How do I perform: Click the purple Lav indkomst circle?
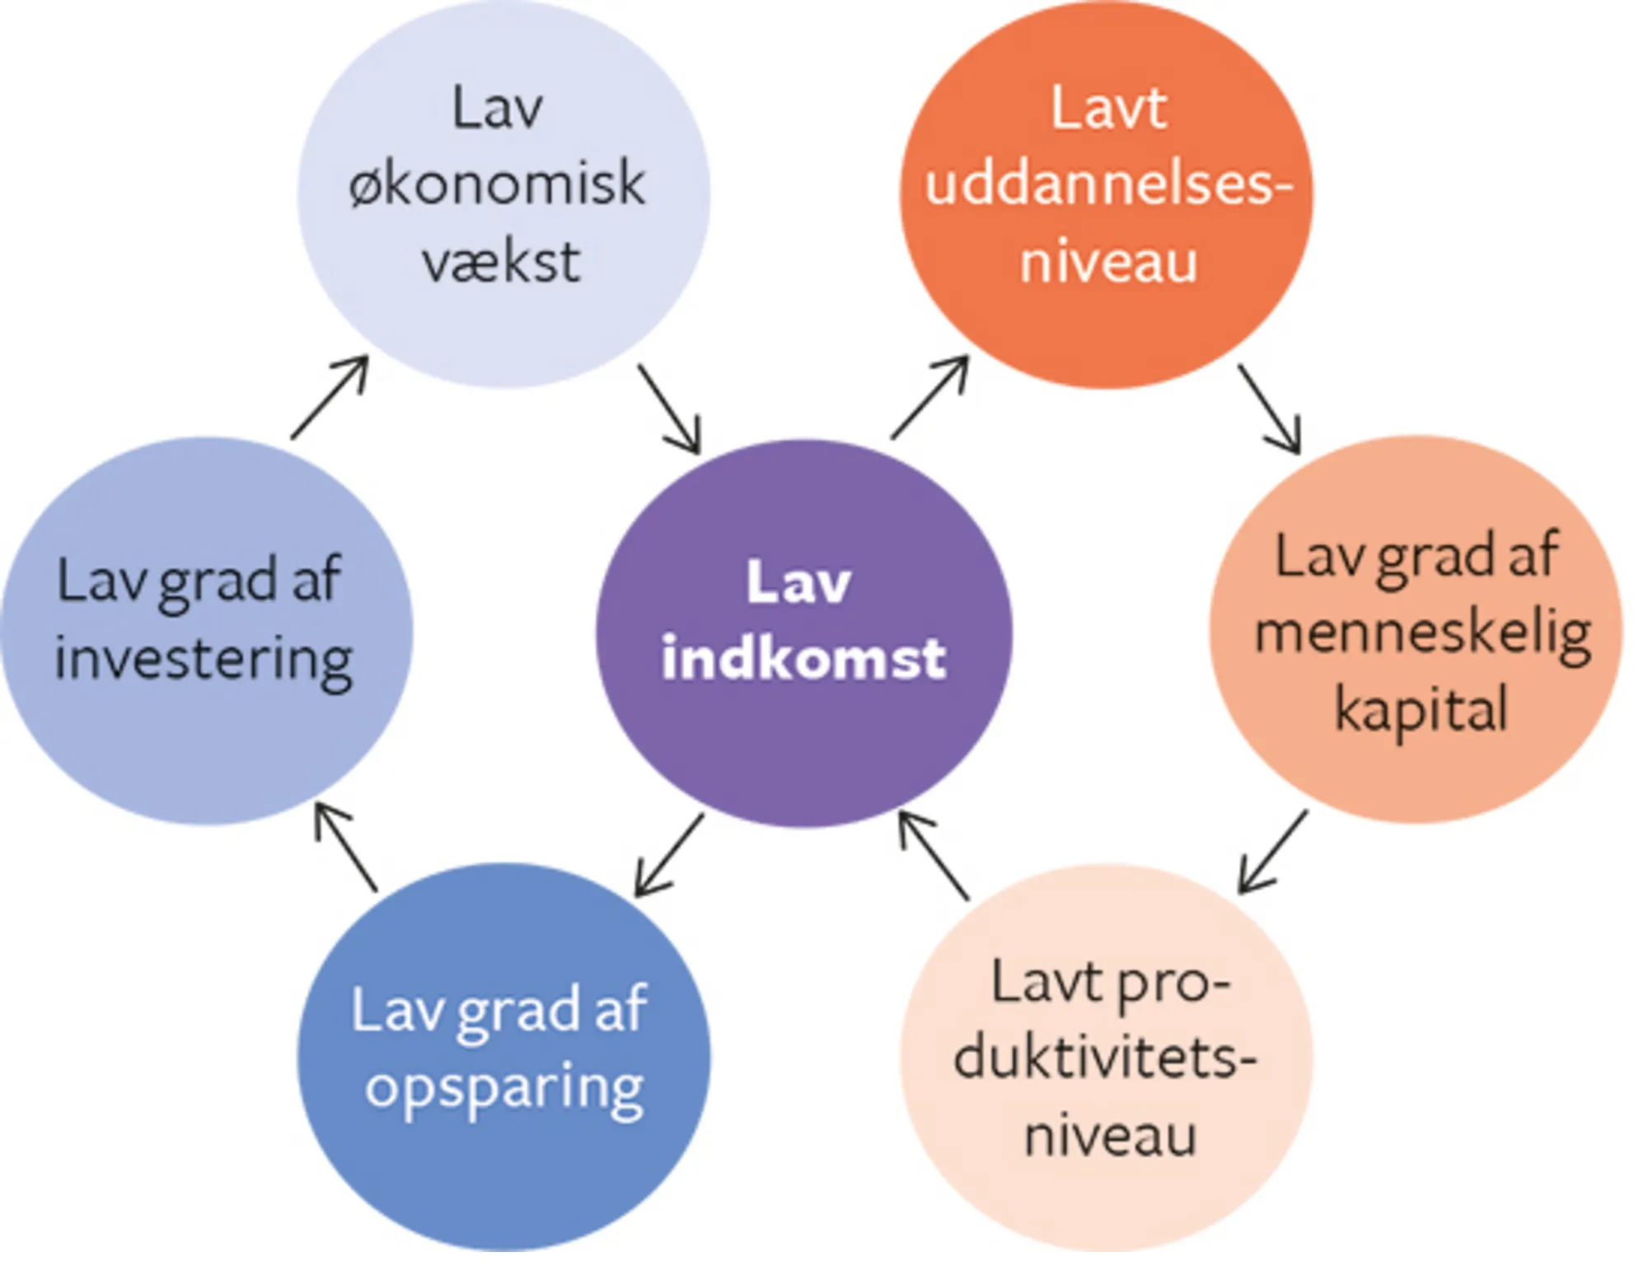point(803,741)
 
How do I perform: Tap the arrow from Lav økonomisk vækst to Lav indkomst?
point(669,409)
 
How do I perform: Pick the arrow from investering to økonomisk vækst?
point(330,397)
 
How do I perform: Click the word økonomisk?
point(497,185)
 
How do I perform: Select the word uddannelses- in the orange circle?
point(1107,185)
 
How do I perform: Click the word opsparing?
point(504,1090)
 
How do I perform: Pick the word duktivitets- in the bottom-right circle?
point(1105,1058)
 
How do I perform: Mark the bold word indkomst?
point(803,659)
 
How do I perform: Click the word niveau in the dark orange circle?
point(1108,262)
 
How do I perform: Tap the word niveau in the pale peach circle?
point(1109,1136)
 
